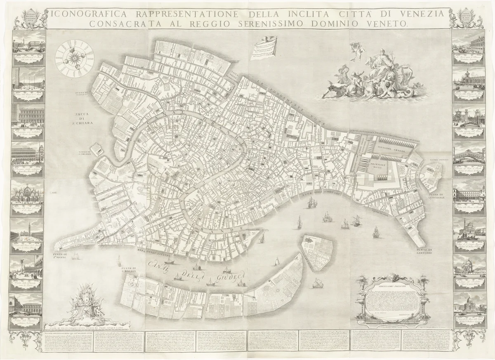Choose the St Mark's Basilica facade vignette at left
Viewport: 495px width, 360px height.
coord(28,193)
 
